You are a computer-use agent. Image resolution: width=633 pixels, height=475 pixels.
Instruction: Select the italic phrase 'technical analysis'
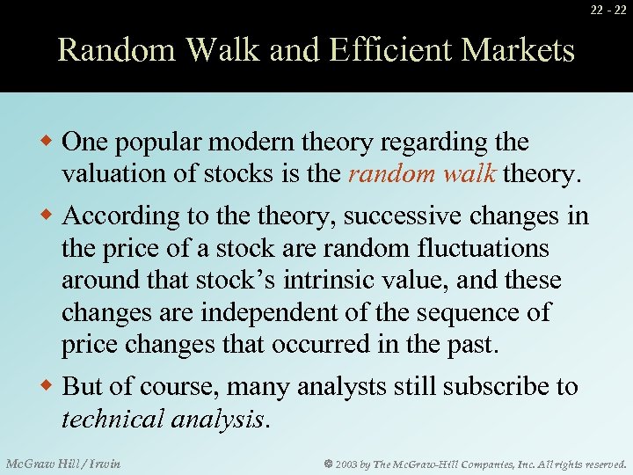click(162, 419)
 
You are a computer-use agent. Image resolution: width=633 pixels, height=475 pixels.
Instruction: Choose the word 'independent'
click(287, 312)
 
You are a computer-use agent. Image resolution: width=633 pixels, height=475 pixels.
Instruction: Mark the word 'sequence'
click(473, 312)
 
